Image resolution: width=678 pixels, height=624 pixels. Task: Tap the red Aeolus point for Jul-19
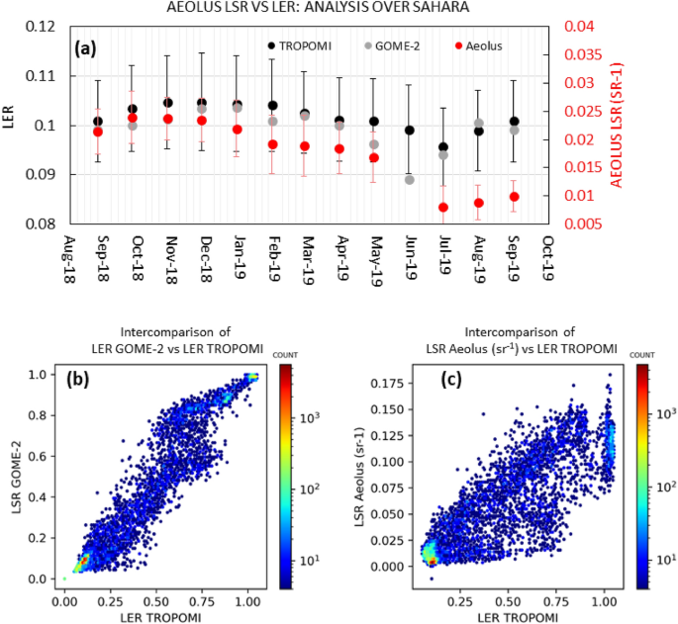[x=443, y=208]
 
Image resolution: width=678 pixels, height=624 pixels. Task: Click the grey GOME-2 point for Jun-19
[x=410, y=179]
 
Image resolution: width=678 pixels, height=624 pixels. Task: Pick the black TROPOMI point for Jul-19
[x=443, y=147]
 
